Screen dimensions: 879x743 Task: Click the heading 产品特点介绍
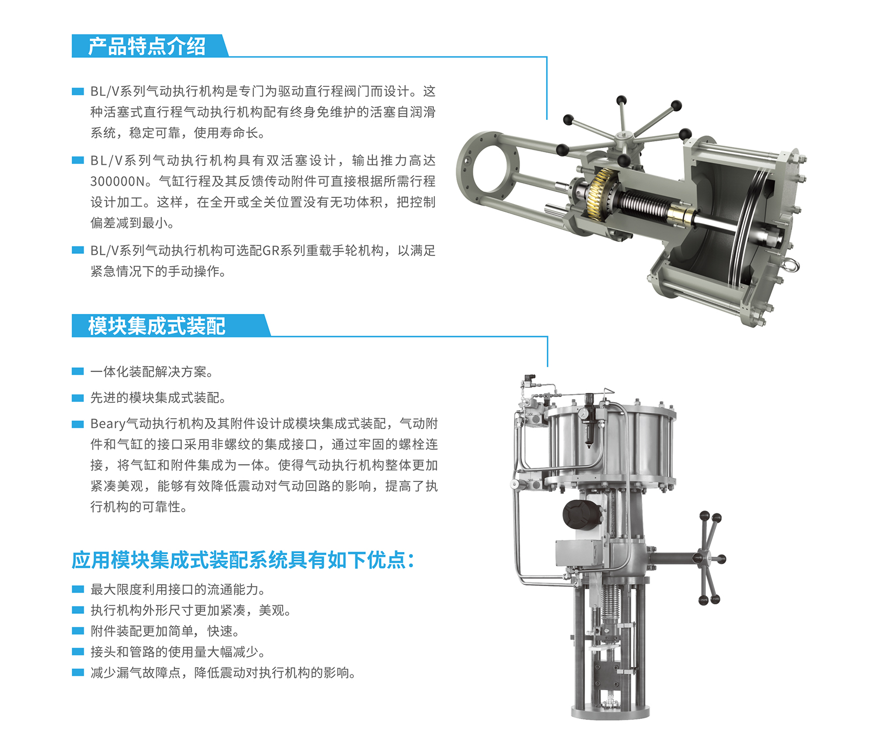click(x=147, y=46)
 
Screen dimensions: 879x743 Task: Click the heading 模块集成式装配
click(x=156, y=326)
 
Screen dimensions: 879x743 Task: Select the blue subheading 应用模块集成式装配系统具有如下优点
click(x=243, y=560)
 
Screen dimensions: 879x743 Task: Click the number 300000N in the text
click(x=117, y=182)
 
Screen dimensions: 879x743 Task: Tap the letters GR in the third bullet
click(x=271, y=251)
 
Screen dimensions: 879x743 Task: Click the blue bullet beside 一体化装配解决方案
click(x=77, y=371)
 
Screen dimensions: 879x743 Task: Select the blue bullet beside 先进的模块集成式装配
click(x=77, y=398)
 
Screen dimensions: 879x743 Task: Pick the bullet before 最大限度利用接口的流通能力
click(x=77, y=589)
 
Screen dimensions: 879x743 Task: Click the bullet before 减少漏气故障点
click(x=77, y=672)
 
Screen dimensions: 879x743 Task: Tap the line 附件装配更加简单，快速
click(x=165, y=631)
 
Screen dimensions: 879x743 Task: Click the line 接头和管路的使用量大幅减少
click(x=178, y=652)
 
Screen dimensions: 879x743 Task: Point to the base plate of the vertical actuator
click(x=610, y=712)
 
